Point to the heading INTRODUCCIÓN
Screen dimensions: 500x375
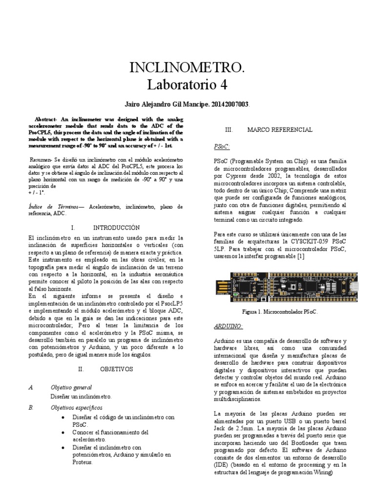116,228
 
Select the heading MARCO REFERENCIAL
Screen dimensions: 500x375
280,129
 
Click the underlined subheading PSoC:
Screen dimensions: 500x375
222,146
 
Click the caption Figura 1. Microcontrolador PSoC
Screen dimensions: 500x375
280,312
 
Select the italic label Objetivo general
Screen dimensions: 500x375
71,387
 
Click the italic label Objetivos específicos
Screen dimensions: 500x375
77,408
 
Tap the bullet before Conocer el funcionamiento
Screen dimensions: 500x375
65,433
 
